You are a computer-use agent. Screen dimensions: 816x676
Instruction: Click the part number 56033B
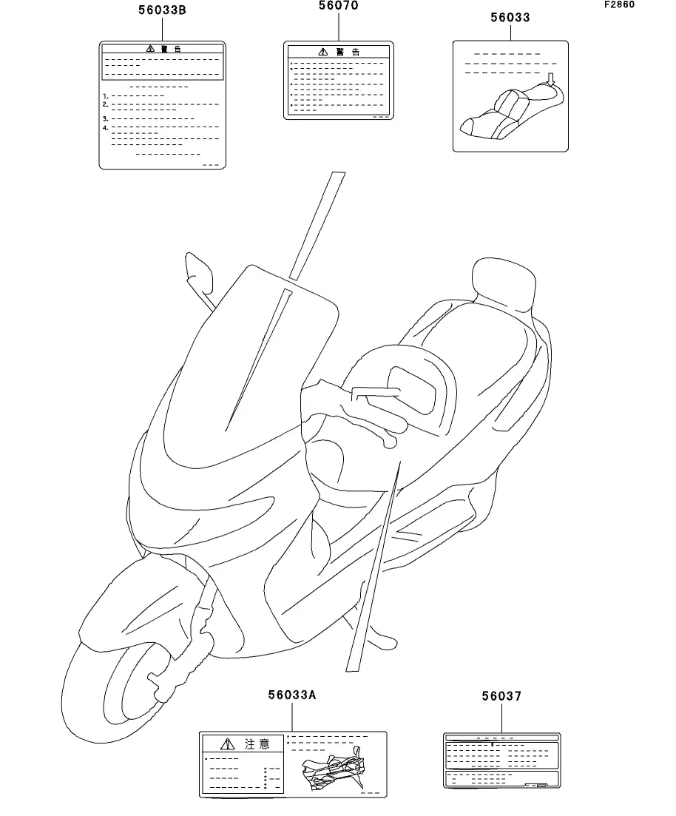coord(161,10)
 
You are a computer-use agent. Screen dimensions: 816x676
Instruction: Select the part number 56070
coord(339,6)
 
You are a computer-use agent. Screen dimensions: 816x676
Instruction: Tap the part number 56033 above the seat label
coord(510,17)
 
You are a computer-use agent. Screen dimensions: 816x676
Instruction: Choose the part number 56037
coord(501,696)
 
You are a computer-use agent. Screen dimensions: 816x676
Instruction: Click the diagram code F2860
coord(618,4)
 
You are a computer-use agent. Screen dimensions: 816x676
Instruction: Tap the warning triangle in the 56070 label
coord(322,52)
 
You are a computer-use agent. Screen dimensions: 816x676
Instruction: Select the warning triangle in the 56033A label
coord(228,744)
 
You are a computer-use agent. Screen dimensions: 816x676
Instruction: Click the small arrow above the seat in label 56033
coord(550,78)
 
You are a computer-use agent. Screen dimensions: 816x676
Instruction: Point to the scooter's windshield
coord(251,348)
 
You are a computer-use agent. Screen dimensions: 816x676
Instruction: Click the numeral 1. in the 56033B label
coord(106,96)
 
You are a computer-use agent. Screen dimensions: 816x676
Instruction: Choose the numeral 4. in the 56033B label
coord(106,128)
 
